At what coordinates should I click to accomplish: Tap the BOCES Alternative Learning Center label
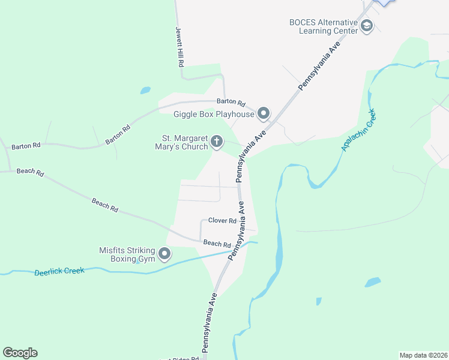[x=323, y=26]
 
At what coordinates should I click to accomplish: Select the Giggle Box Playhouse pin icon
[x=264, y=113]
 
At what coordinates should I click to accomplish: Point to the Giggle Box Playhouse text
[x=214, y=114]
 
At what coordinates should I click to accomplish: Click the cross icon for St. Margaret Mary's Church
[x=217, y=142]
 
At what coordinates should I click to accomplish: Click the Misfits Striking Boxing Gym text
[x=127, y=255]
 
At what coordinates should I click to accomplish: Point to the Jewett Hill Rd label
[x=179, y=46]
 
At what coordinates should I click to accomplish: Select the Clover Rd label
[x=222, y=221]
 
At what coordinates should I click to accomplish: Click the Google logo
[x=20, y=353]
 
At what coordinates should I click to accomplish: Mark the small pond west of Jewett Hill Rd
[x=145, y=91]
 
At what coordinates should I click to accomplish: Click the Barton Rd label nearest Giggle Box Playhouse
[x=231, y=103]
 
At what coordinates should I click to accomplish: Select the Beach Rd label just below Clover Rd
[x=217, y=244]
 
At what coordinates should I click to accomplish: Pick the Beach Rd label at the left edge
[x=30, y=172]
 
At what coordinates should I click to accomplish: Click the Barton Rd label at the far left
[x=26, y=145]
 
